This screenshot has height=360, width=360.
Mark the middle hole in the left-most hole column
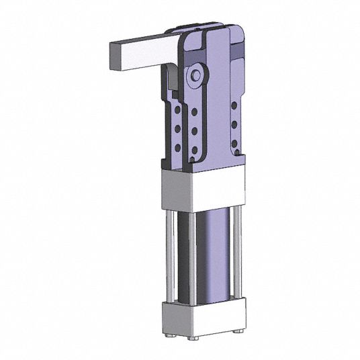(x=177, y=127)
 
